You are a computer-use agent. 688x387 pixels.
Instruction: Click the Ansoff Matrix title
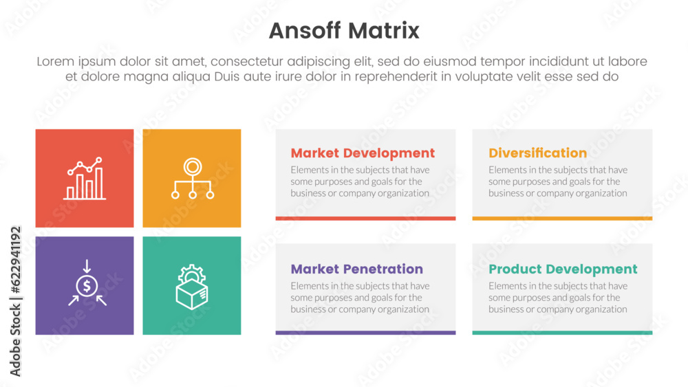click(x=344, y=31)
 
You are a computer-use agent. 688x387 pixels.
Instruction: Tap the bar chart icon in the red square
click(x=85, y=179)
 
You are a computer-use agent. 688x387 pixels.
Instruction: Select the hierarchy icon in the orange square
click(x=193, y=179)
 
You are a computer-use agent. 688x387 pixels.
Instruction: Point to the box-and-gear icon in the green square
click(x=192, y=287)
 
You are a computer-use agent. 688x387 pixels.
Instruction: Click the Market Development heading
click(x=363, y=153)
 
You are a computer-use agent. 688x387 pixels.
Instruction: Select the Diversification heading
click(x=537, y=153)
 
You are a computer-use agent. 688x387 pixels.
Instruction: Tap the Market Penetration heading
click(x=356, y=269)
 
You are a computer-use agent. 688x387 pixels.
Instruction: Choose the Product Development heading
click(x=563, y=269)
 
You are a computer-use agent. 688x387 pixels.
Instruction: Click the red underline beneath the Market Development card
click(x=365, y=219)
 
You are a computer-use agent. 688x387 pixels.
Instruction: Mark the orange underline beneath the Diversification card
click(x=562, y=219)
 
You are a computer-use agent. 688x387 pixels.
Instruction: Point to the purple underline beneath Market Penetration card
click(x=365, y=333)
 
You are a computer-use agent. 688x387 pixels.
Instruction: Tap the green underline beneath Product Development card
click(x=562, y=333)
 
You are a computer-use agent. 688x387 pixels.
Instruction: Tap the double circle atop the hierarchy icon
click(x=193, y=166)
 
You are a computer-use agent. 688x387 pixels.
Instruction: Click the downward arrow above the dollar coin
click(x=87, y=266)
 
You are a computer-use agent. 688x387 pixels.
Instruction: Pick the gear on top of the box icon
click(x=191, y=274)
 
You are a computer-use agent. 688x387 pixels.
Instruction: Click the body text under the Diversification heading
click(x=558, y=181)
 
